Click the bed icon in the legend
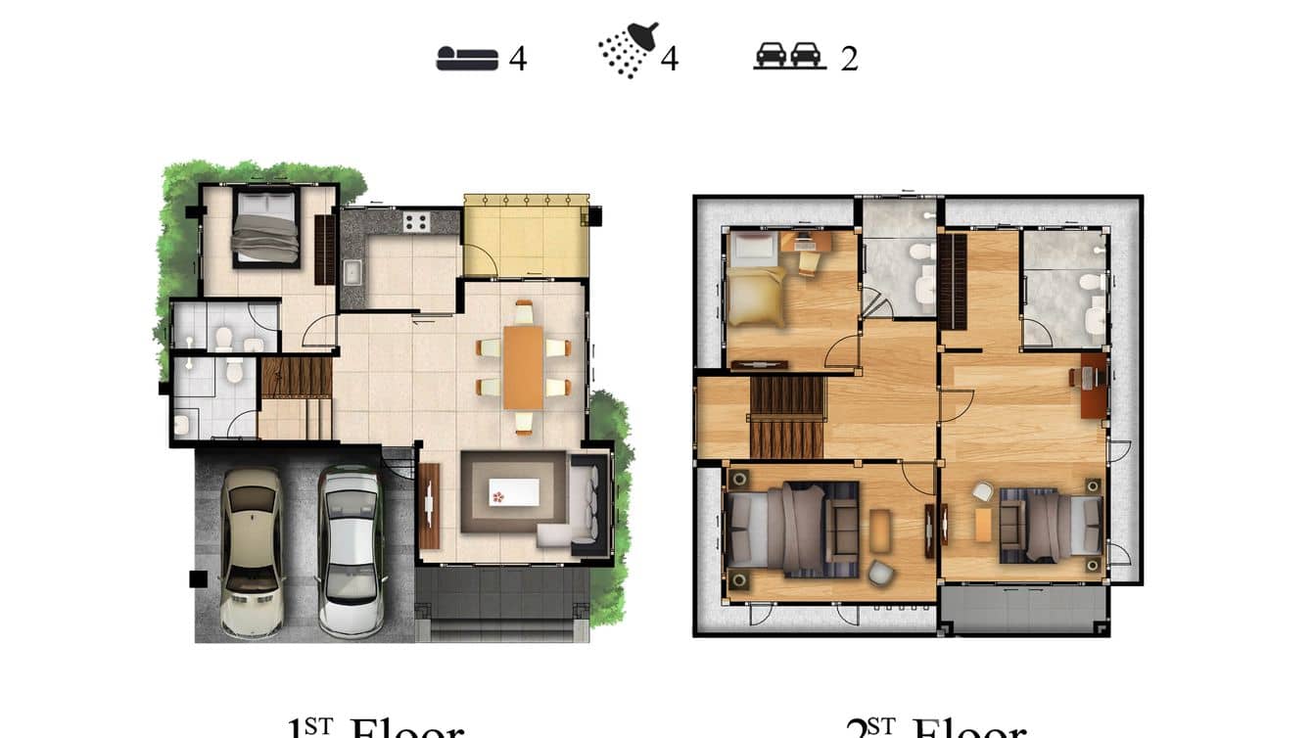tap(466, 59)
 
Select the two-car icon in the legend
tap(789, 56)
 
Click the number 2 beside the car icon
tap(849, 59)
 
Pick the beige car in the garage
tap(251, 550)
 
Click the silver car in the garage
tap(350, 550)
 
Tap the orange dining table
tap(524, 367)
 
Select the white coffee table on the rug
tap(514, 491)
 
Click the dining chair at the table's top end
tap(524, 313)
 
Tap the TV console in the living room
tap(429, 506)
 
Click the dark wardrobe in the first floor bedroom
tap(324, 250)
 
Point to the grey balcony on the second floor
tap(1024, 610)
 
